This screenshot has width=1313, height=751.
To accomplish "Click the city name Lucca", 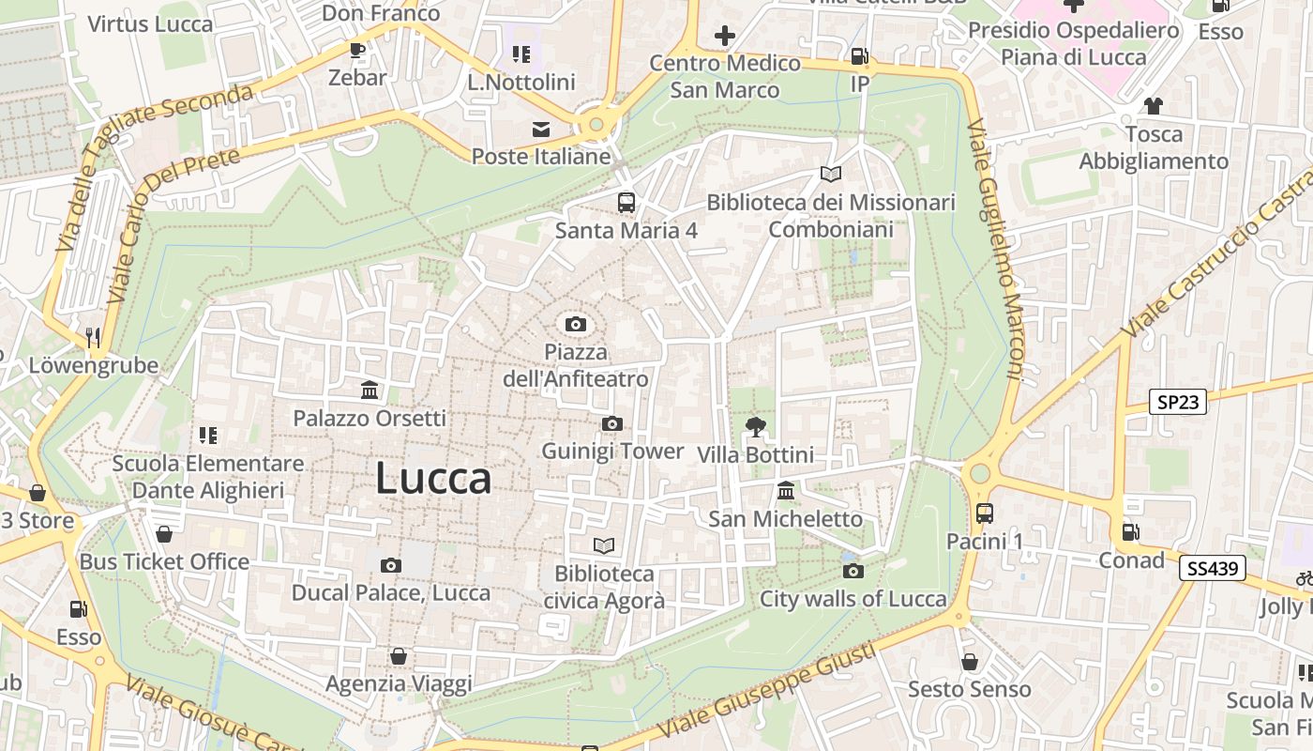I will tap(433, 479).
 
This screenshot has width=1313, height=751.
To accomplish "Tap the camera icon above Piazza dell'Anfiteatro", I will tap(576, 325).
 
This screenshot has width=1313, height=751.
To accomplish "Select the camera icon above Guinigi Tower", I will tap(611, 424).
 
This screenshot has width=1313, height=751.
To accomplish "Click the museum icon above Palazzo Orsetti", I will tap(370, 390).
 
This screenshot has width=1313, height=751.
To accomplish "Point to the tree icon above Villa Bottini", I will tap(755, 428).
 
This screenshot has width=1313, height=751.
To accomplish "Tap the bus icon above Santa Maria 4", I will tap(626, 202).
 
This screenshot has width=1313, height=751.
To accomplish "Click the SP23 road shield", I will tap(1178, 402).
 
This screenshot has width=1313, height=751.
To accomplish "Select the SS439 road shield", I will tap(1212, 567).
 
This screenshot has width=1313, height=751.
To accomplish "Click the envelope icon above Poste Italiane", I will tap(541, 130).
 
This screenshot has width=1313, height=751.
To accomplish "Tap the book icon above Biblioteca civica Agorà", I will tap(604, 545).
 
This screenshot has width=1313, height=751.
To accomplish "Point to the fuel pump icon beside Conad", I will tap(1131, 532).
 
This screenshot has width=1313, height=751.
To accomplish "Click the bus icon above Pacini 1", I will tap(984, 513).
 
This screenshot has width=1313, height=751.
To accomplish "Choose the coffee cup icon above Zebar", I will tap(356, 50).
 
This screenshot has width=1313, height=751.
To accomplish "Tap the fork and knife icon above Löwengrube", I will tap(92, 337).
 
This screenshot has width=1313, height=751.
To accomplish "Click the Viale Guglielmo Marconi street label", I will tap(992, 249).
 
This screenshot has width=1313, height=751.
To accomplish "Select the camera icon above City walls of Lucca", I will tap(853, 571).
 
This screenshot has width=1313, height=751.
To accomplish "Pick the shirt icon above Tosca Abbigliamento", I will tap(1153, 106).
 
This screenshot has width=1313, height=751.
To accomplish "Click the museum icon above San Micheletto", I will tap(786, 491).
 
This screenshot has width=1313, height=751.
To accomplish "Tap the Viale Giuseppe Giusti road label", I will tap(768, 690).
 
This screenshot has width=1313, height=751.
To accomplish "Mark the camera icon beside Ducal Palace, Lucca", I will tap(391, 565).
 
